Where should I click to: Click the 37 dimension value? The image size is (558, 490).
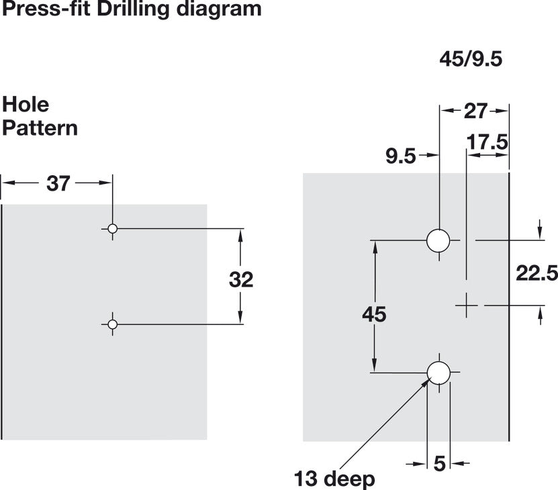58,184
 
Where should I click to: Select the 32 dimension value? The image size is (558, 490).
241,279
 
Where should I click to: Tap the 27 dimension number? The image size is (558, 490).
475,111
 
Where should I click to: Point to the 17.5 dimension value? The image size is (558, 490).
487,142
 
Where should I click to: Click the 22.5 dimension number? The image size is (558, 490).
537,273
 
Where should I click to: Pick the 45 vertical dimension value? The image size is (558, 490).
374,314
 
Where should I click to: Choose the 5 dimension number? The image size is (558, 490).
440,463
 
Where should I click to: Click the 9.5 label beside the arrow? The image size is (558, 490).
401,156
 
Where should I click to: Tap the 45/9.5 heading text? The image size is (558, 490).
471,58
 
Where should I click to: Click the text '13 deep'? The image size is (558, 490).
334,479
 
